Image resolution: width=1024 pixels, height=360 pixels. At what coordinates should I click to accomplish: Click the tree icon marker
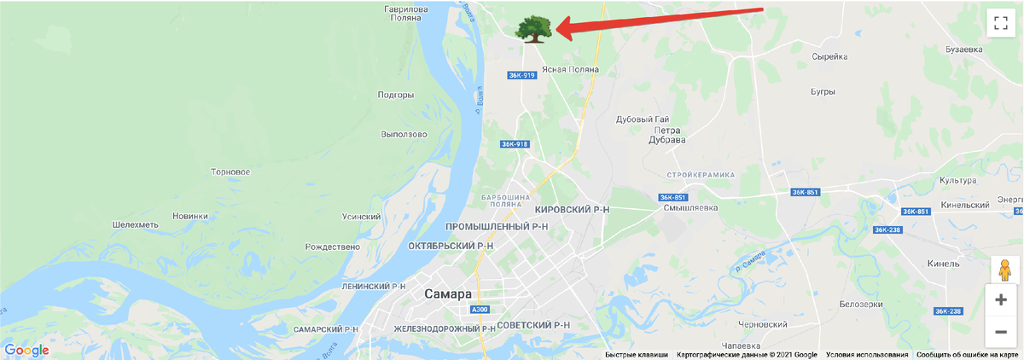tap(532, 28)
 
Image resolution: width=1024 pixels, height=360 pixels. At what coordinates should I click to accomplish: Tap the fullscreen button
tap(1001, 23)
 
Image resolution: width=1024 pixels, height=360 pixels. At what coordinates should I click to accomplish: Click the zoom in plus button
tap(1001, 299)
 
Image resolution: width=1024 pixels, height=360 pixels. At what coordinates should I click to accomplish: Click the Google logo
tap(26, 350)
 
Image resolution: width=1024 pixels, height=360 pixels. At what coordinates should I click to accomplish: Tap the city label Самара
tap(447, 293)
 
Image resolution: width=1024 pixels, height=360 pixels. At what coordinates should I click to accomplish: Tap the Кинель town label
tap(944, 264)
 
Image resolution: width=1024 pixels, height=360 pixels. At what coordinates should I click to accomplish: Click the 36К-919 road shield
tap(521, 75)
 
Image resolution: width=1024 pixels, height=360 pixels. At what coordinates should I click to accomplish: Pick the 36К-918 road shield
tap(515, 144)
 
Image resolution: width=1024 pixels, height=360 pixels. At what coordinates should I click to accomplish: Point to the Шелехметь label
tap(136, 224)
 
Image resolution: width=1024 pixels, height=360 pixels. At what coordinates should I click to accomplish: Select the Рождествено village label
tap(333, 247)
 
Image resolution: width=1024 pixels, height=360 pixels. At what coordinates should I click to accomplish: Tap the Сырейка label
tap(829, 56)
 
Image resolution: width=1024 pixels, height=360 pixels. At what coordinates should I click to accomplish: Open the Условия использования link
tap(866, 355)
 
